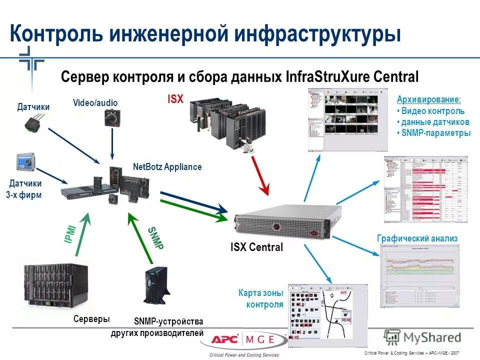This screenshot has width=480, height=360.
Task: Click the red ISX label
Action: point(175,99)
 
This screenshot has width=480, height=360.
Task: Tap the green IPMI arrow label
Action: point(70,234)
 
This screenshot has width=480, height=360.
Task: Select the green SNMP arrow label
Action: point(155,238)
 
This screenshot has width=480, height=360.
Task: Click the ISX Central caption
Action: point(256,247)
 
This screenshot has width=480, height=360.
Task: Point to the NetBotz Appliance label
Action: point(167,167)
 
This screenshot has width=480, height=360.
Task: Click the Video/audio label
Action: point(95,103)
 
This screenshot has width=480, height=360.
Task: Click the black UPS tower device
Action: point(156,288)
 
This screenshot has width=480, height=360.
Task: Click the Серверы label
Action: point(91,319)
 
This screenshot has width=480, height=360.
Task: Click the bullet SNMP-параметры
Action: point(436,133)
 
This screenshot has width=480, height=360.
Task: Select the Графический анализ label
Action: point(417,238)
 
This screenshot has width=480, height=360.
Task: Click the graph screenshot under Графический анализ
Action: point(419,276)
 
